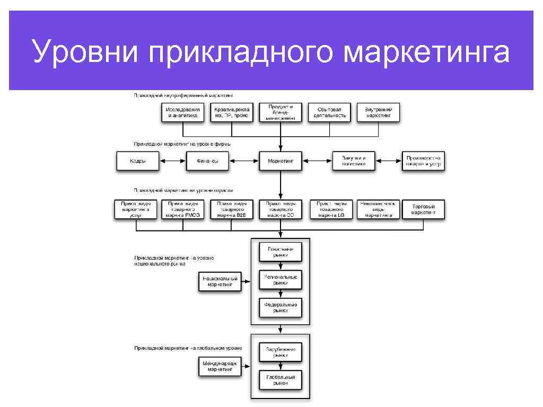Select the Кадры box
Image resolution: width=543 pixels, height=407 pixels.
[x=137, y=161]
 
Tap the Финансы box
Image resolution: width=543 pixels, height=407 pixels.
[x=207, y=161]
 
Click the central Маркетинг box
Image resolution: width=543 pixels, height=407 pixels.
[x=281, y=161]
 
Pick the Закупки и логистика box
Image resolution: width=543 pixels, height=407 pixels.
[x=353, y=161]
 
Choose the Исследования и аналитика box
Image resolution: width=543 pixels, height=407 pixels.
[x=182, y=112]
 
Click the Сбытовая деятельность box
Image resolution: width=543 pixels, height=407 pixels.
[x=329, y=112]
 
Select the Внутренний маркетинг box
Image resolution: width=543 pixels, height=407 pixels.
[x=378, y=112]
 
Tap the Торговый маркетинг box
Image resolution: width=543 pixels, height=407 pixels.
[x=423, y=209]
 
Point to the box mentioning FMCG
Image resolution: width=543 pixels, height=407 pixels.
[x=183, y=209]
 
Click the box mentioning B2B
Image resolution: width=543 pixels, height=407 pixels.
[x=231, y=209]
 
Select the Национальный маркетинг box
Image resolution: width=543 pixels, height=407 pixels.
[x=220, y=281]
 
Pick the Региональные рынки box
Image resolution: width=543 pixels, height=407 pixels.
[x=281, y=279]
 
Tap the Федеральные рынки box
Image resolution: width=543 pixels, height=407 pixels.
[x=281, y=307]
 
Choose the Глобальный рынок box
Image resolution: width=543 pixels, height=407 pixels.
[x=281, y=379]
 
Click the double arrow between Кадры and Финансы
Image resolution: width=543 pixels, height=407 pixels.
[x=172, y=161]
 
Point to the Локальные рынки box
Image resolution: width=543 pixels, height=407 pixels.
[x=281, y=251]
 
